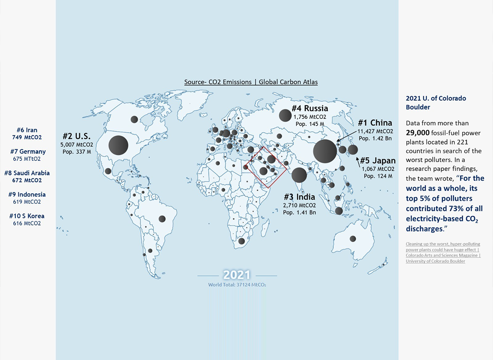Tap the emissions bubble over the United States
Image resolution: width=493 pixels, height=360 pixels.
118,145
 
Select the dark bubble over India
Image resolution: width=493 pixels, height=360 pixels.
299,175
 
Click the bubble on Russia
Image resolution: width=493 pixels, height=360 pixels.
285,115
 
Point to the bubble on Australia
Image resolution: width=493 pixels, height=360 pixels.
353,239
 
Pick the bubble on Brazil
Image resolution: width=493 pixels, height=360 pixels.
162,219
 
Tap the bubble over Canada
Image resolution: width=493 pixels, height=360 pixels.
134,120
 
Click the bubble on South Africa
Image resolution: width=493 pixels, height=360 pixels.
242,241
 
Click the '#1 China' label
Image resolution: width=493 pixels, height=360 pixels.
375,123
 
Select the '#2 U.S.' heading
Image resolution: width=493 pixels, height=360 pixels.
77,136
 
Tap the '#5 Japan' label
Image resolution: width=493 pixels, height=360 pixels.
378,161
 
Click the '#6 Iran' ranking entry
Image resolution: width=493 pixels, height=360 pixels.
27,130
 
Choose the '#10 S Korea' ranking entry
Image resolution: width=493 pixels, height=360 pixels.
27,216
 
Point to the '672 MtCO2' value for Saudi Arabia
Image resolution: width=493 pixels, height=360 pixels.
27,180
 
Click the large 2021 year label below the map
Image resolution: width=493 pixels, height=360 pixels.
237,275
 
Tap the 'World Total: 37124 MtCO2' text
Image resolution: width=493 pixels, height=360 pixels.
237,285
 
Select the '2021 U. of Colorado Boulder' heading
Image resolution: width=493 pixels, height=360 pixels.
436,102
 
